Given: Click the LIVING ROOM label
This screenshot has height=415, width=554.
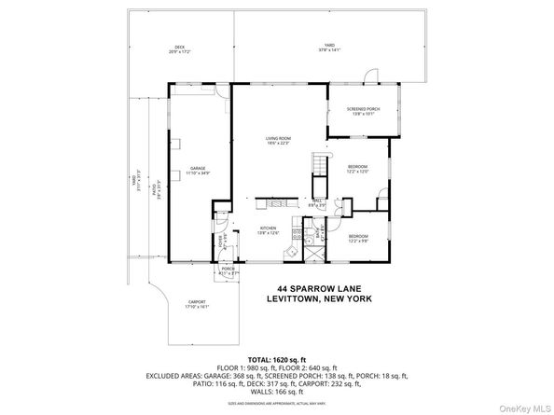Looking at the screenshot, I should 279,141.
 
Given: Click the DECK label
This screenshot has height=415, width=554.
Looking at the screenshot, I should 180,48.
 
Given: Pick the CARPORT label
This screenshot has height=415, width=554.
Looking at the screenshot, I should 197,303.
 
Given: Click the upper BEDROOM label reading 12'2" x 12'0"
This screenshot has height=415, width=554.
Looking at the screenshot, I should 358,169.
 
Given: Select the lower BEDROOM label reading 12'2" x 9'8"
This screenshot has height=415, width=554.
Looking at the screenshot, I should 360,238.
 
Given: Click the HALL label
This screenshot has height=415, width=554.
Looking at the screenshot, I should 316,201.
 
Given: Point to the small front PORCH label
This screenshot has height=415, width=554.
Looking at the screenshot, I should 227,270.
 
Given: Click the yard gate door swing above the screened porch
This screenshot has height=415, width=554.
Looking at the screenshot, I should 372,75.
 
